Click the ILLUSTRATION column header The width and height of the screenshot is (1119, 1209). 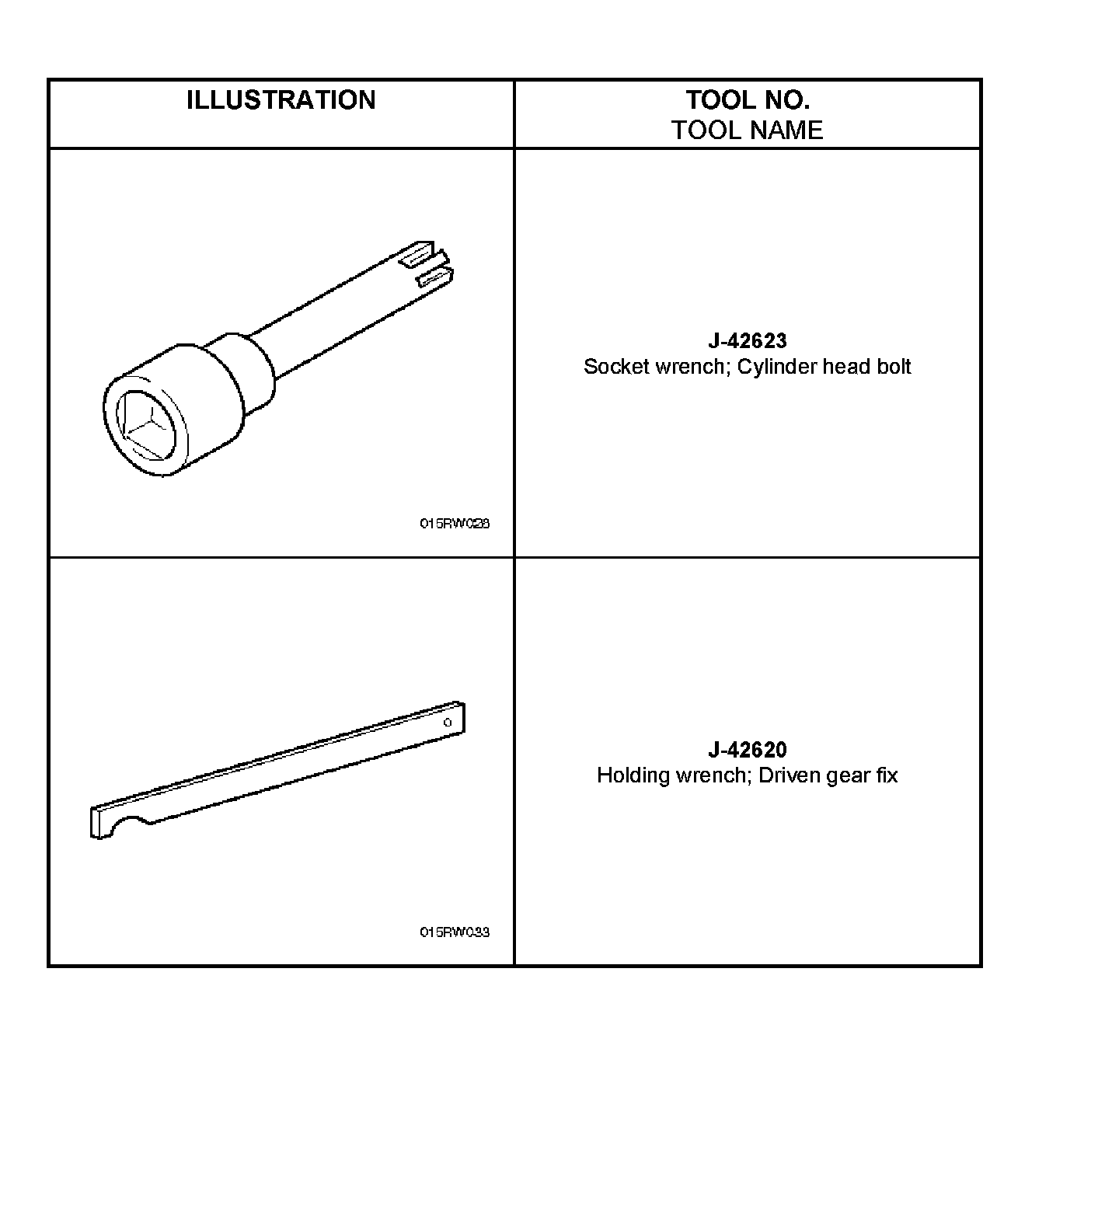point(281,100)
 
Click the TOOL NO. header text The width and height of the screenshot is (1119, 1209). point(747,100)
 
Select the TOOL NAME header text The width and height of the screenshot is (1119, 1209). point(747,130)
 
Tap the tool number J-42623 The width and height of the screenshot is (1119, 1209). point(747,340)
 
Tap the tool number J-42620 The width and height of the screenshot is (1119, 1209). point(747,750)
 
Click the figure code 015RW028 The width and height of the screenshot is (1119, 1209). point(455,524)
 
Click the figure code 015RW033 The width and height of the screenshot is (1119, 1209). point(455,932)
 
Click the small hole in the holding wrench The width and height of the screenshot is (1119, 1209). point(448,723)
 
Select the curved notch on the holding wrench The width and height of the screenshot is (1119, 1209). point(129,824)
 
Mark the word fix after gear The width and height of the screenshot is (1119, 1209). point(887,775)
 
